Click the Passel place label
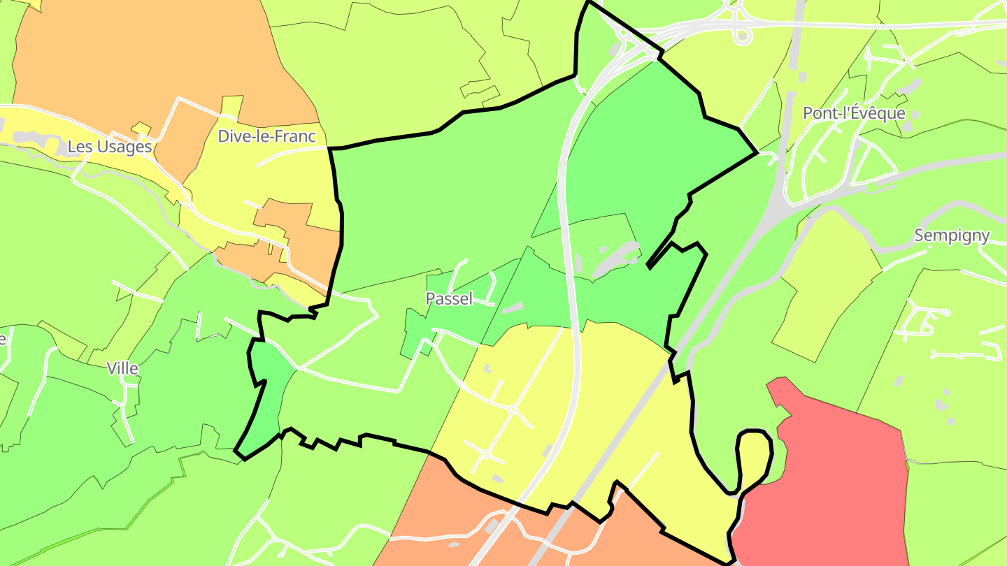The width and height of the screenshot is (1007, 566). pos(449,299)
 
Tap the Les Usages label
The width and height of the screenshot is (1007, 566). pos(110,147)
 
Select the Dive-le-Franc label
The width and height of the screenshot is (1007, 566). pos(266,136)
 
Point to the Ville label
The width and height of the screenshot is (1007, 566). pos(122,368)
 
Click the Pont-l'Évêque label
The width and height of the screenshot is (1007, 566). pos(854,113)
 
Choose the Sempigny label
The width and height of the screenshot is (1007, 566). pos(952,235)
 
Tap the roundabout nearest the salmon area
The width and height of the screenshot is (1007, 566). pos(486,454)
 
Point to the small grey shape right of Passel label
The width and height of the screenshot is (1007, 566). pos(513,307)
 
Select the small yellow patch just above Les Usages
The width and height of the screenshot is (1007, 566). pos(141,127)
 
